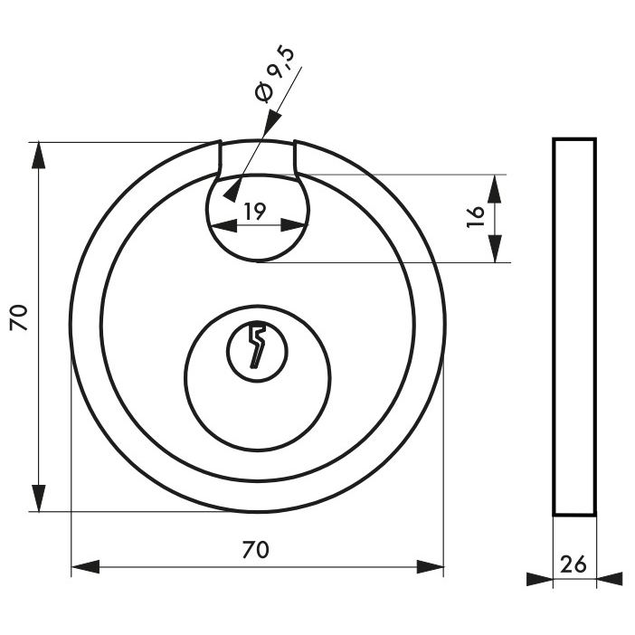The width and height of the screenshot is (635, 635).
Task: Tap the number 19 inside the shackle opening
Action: pyautogui.click(x=255, y=211)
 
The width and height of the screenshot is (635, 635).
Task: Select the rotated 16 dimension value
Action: pyautogui.click(x=476, y=217)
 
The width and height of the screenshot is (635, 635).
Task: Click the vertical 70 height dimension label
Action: pyautogui.click(x=19, y=317)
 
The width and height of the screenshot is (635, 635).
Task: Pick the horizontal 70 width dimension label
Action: pyautogui.click(x=256, y=550)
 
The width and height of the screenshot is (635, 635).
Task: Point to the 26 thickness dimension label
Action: pyautogui.click(x=573, y=564)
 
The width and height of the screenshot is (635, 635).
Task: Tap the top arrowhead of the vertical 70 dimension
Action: pyautogui.click(x=39, y=155)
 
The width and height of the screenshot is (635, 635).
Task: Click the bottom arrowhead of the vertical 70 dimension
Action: pyautogui.click(x=39, y=498)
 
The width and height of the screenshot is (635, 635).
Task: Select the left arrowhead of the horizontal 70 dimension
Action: pyautogui.click(x=85, y=567)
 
